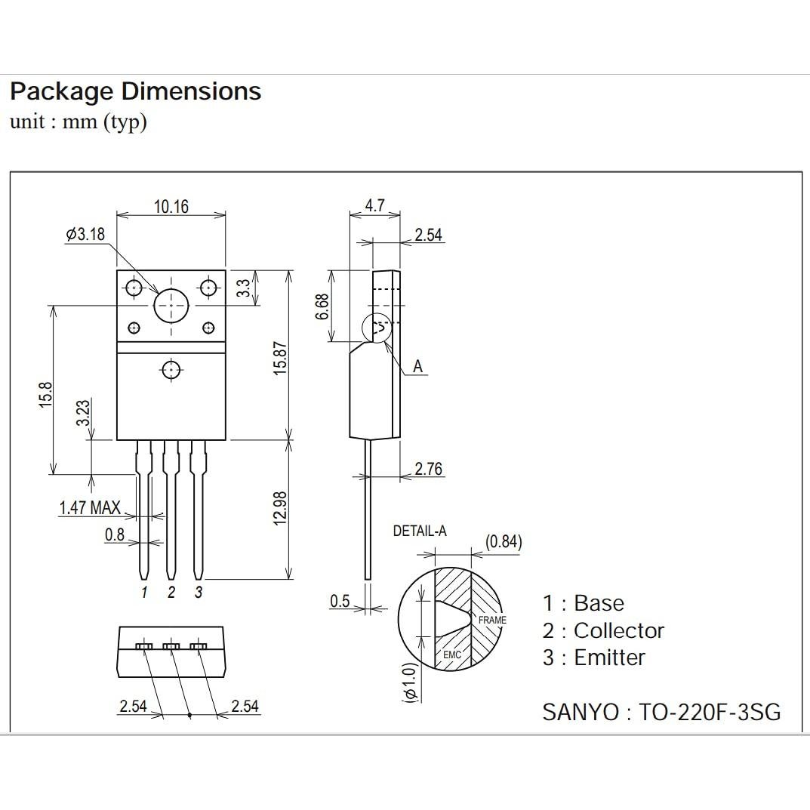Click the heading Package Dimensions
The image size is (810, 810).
pos(135,91)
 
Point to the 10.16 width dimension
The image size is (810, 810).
pos(171,206)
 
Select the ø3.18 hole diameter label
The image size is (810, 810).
pos(85,235)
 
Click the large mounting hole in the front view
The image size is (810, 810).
pos(171,305)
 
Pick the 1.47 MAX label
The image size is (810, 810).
pos(90,508)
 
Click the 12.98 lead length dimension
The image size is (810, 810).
pos(280,508)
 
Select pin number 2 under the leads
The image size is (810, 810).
pos(171,593)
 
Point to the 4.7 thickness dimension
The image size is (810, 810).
pos(374,205)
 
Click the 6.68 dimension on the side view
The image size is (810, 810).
pos(322,306)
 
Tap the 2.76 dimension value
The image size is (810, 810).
pos(428,469)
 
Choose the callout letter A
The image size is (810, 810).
pos(417,368)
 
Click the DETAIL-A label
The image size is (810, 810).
pos(420,531)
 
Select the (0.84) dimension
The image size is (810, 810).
pos(504,542)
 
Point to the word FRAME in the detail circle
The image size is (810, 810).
pos(492,620)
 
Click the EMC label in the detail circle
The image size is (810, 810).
pos(451,654)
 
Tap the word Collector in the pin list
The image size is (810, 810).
pos(619,630)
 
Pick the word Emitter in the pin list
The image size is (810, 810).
pos(609,658)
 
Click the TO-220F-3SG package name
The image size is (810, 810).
pos(710,712)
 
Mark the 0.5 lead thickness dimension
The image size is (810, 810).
pos(340,602)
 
